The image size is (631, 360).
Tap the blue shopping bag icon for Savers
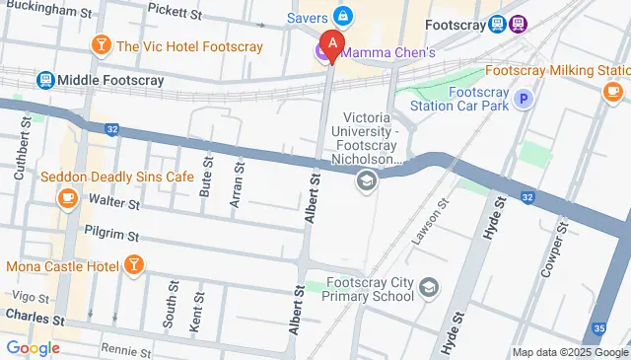pyautogui.click(x=342, y=17)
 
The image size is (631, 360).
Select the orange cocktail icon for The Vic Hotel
pyautogui.click(x=100, y=45)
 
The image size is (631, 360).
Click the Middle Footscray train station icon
pyautogui.click(x=44, y=79)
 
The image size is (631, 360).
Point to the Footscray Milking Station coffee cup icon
pyautogui.click(x=612, y=92)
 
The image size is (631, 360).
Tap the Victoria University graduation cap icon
pyautogui.click(x=366, y=180)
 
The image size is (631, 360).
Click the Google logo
pyautogui.click(x=33, y=347)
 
